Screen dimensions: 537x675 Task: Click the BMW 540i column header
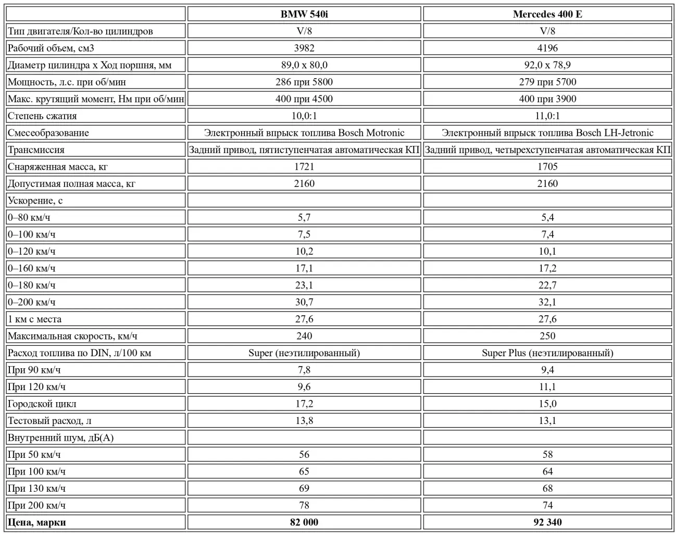tap(304, 14)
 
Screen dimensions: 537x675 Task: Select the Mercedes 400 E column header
tap(547, 14)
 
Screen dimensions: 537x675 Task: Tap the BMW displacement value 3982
tap(304, 48)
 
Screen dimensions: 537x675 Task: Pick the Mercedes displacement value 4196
tap(547, 48)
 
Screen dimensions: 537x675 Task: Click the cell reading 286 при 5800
tap(304, 82)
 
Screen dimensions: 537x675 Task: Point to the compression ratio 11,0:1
tap(547, 116)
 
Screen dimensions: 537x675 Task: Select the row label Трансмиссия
tap(36, 149)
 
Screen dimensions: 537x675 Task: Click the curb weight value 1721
tap(304, 167)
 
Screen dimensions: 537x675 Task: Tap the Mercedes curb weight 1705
tap(547, 167)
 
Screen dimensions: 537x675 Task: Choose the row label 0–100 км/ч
tap(32, 234)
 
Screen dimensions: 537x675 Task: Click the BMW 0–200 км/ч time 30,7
tap(304, 302)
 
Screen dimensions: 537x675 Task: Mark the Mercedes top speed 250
tap(547, 336)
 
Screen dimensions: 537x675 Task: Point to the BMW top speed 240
tap(304, 336)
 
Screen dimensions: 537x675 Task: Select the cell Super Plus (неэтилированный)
tap(547, 353)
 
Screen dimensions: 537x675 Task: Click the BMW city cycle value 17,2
tap(304, 404)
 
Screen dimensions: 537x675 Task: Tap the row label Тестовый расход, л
tap(49, 421)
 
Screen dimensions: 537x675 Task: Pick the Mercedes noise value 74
tap(547, 505)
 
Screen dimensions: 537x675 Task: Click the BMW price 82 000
tap(304, 522)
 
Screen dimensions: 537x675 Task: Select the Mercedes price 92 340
tap(547, 522)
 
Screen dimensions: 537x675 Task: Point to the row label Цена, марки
tap(37, 522)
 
